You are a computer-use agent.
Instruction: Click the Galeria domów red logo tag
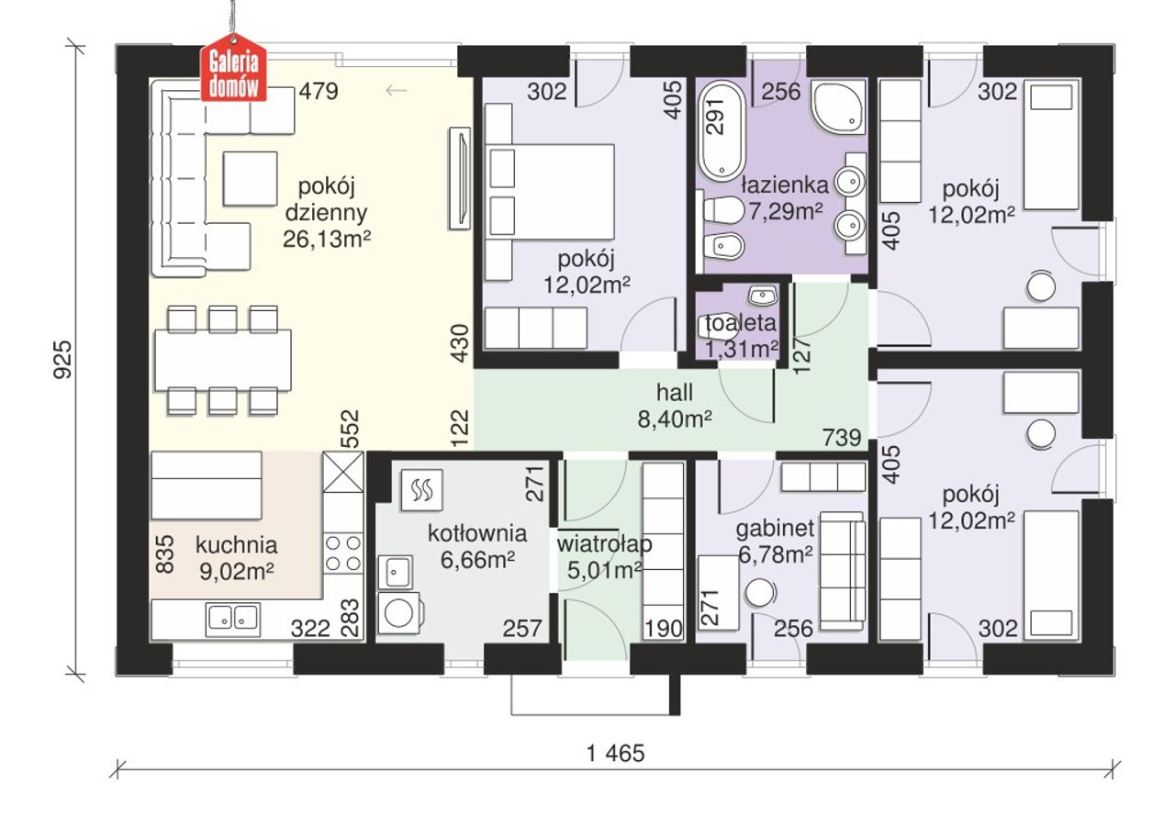click(x=234, y=68)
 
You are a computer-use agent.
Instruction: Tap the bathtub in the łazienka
click(x=722, y=131)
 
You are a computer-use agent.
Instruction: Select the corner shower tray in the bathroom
click(x=838, y=107)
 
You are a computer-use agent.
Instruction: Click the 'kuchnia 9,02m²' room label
click(x=236, y=558)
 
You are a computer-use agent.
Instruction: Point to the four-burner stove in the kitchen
click(x=343, y=553)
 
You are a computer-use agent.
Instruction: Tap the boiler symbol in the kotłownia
click(x=421, y=490)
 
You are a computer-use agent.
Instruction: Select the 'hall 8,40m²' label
click(x=675, y=406)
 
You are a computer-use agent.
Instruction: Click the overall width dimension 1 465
click(x=615, y=754)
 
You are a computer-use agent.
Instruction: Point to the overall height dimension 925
click(x=62, y=360)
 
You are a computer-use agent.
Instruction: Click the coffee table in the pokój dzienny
click(x=250, y=179)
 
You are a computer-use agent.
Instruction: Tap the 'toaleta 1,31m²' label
click(x=741, y=336)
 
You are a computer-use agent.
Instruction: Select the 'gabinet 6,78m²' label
click(x=776, y=542)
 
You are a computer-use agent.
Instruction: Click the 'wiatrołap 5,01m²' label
click(x=604, y=556)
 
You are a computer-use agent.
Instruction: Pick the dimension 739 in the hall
click(x=842, y=437)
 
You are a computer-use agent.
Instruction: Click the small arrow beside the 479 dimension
click(x=397, y=91)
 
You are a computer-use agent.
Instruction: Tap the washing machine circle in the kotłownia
click(x=399, y=612)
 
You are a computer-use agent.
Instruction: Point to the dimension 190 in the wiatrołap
click(x=664, y=628)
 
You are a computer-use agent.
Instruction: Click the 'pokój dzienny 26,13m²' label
click(x=326, y=213)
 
